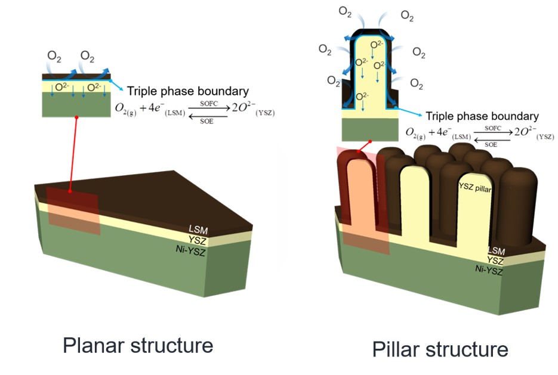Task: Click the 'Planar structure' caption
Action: [x=138, y=345]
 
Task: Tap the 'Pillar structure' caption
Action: [x=440, y=349]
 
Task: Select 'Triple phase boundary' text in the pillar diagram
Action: [x=482, y=116]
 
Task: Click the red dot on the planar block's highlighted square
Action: [x=70, y=192]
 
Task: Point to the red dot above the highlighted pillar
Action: [x=371, y=142]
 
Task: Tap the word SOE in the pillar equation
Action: [x=492, y=144]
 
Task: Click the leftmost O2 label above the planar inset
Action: [x=54, y=57]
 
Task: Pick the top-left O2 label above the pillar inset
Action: [x=346, y=11]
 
